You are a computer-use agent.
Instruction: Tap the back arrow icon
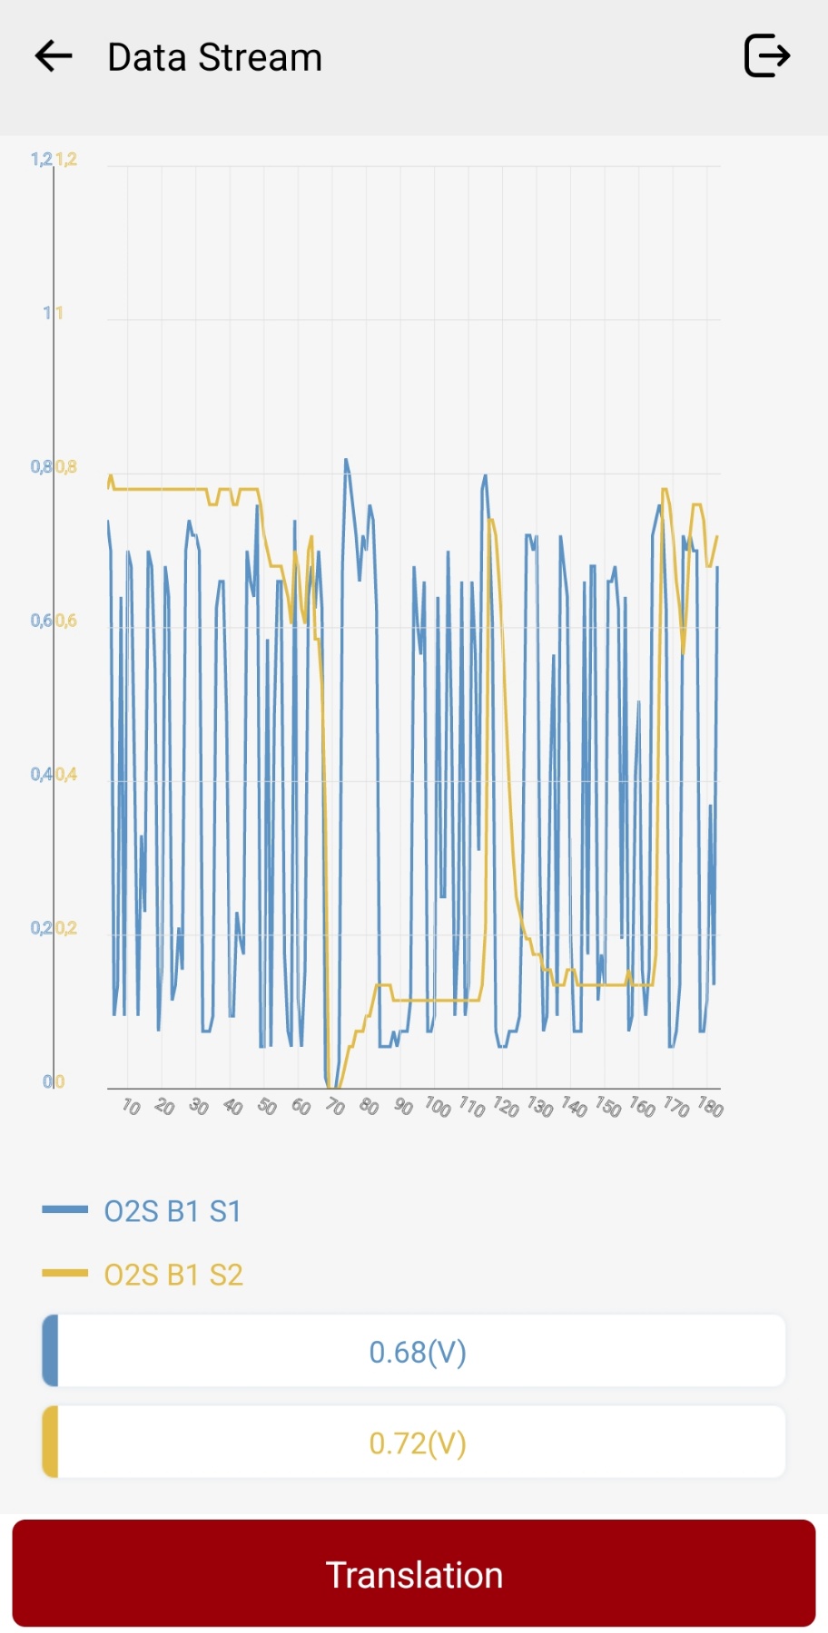pyautogui.click(x=54, y=56)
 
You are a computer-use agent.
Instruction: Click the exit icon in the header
pyautogui.click(x=767, y=56)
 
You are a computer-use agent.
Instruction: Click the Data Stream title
pyautogui.click(x=214, y=57)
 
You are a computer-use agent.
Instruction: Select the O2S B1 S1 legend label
pyautogui.click(x=172, y=1211)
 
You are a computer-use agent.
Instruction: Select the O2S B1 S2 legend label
pyautogui.click(x=173, y=1275)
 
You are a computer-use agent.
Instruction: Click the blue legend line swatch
pyautogui.click(x=64, y=1209)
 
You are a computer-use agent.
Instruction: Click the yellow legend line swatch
pyautogui.click(x=64, y=1274)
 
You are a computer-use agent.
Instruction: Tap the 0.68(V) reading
pyautogui.click(x=417, y=1352)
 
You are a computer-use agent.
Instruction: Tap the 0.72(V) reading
pyautogui.click(x=417, y=1442)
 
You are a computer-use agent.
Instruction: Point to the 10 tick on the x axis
pyautogui.click(x=131, y=1107)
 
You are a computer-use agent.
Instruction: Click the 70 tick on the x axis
pyautogui.click(x=335, y=1107)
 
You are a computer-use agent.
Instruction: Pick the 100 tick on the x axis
pyautogui.click(x=438, y=1107)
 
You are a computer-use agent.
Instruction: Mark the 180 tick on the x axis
pyautogui.click(x=711, y=1108)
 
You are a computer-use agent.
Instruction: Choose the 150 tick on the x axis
pyautogui.click(x=608, y=1108)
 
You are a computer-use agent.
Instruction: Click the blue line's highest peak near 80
pyautogui.click(x=346, y=460)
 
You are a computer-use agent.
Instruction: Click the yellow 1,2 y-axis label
pyautogui.click(x=66, y=160)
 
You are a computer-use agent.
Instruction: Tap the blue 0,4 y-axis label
pyautogui.click(x=41, y=775)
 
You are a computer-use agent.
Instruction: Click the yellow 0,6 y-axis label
pyautogui.click(x=66, y=621)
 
